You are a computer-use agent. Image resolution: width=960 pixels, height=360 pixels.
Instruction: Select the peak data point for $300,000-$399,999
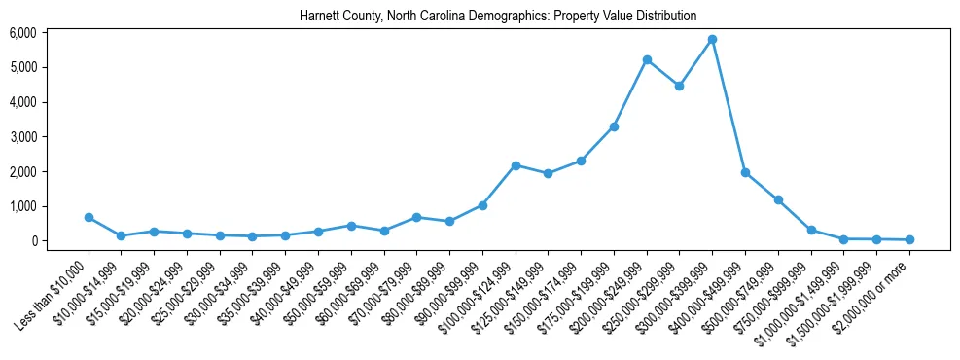(x=713, y=39)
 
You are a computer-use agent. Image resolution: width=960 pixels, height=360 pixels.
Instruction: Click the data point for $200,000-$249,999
(x=647, y=59)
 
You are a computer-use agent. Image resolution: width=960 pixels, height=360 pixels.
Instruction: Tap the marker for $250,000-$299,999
(x=680, y=86)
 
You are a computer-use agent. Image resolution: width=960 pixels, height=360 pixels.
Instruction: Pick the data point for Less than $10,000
(x=89, y=217)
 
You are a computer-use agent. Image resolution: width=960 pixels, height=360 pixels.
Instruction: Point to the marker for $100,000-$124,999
(x=516, y=165)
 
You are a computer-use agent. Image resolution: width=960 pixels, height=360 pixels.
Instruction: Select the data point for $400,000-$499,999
(x=745, y=172)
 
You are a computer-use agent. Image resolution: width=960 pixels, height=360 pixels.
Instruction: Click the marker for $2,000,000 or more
(x=909, y=239)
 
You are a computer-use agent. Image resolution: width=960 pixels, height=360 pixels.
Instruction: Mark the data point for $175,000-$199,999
(x=614, y=126)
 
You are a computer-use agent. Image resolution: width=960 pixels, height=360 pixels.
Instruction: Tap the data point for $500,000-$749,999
(x=778, y=199)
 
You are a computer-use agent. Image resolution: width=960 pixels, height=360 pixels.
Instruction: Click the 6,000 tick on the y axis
(x=23, y=33)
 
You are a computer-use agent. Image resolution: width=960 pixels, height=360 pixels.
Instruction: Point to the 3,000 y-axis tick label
(x=23, y=137)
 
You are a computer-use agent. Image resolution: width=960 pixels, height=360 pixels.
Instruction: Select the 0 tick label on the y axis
(x=32, y=241)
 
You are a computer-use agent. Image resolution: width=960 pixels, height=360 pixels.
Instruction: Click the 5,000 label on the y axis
(x=23, y=67)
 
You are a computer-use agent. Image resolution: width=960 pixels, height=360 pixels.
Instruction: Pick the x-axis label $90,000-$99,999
(x=446, y=286)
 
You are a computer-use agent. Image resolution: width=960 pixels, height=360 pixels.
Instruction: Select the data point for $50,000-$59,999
(x=351, y=226)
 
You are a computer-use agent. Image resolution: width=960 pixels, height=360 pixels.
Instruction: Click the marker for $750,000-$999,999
(x=811, y=231)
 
